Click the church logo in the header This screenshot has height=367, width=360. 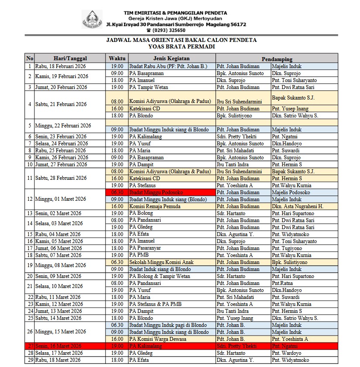(93, 19)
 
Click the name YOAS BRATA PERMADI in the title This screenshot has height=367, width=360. (182, 46)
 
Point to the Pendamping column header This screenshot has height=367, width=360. (277, 58)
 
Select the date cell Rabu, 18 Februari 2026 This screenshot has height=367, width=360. (63, 66)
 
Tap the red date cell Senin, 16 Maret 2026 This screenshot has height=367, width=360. (63, 346)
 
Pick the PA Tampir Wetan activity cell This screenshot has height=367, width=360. (150, 87)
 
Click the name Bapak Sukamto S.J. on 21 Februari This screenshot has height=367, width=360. (293, 98)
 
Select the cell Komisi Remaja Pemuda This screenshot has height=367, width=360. (154, 206)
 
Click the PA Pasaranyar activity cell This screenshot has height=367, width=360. (147, 248)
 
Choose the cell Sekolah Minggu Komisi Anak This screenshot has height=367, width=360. (161, 262)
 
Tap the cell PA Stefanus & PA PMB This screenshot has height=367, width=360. (155, 304)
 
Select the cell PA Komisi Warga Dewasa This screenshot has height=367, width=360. (158, 339)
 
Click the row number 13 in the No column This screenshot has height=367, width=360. (30, 213)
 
